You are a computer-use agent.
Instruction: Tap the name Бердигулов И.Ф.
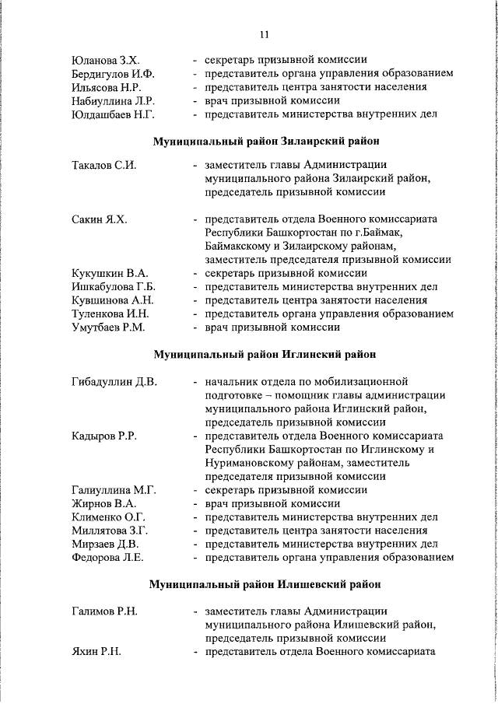(x=113, y=74)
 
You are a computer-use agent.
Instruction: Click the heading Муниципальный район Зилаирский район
(x=265, y=142)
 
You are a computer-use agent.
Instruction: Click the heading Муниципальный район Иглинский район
(x=265, y=355)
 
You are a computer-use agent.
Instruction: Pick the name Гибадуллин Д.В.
(x=114, y=382)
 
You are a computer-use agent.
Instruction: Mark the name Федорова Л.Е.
(x=107, y=558)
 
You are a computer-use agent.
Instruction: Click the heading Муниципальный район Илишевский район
(x=265, y=583)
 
